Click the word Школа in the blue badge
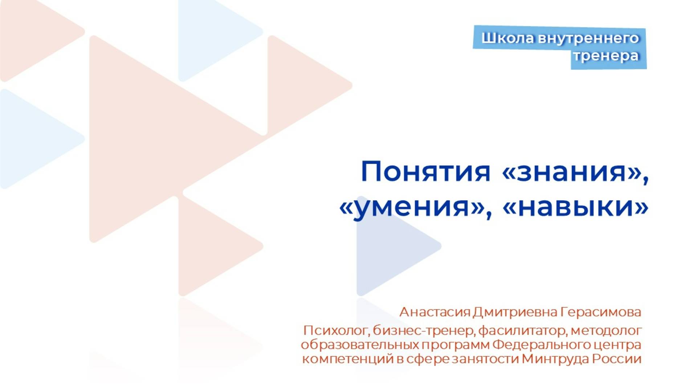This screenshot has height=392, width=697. tap(508, 38)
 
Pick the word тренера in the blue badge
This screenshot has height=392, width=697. tap(606, 56)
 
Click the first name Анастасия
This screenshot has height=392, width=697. tap(435, 312)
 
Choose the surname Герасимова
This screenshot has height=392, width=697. tap(601, 312)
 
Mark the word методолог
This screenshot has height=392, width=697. tap(606, 331)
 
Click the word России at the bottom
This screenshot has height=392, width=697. tap(617, 359)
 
